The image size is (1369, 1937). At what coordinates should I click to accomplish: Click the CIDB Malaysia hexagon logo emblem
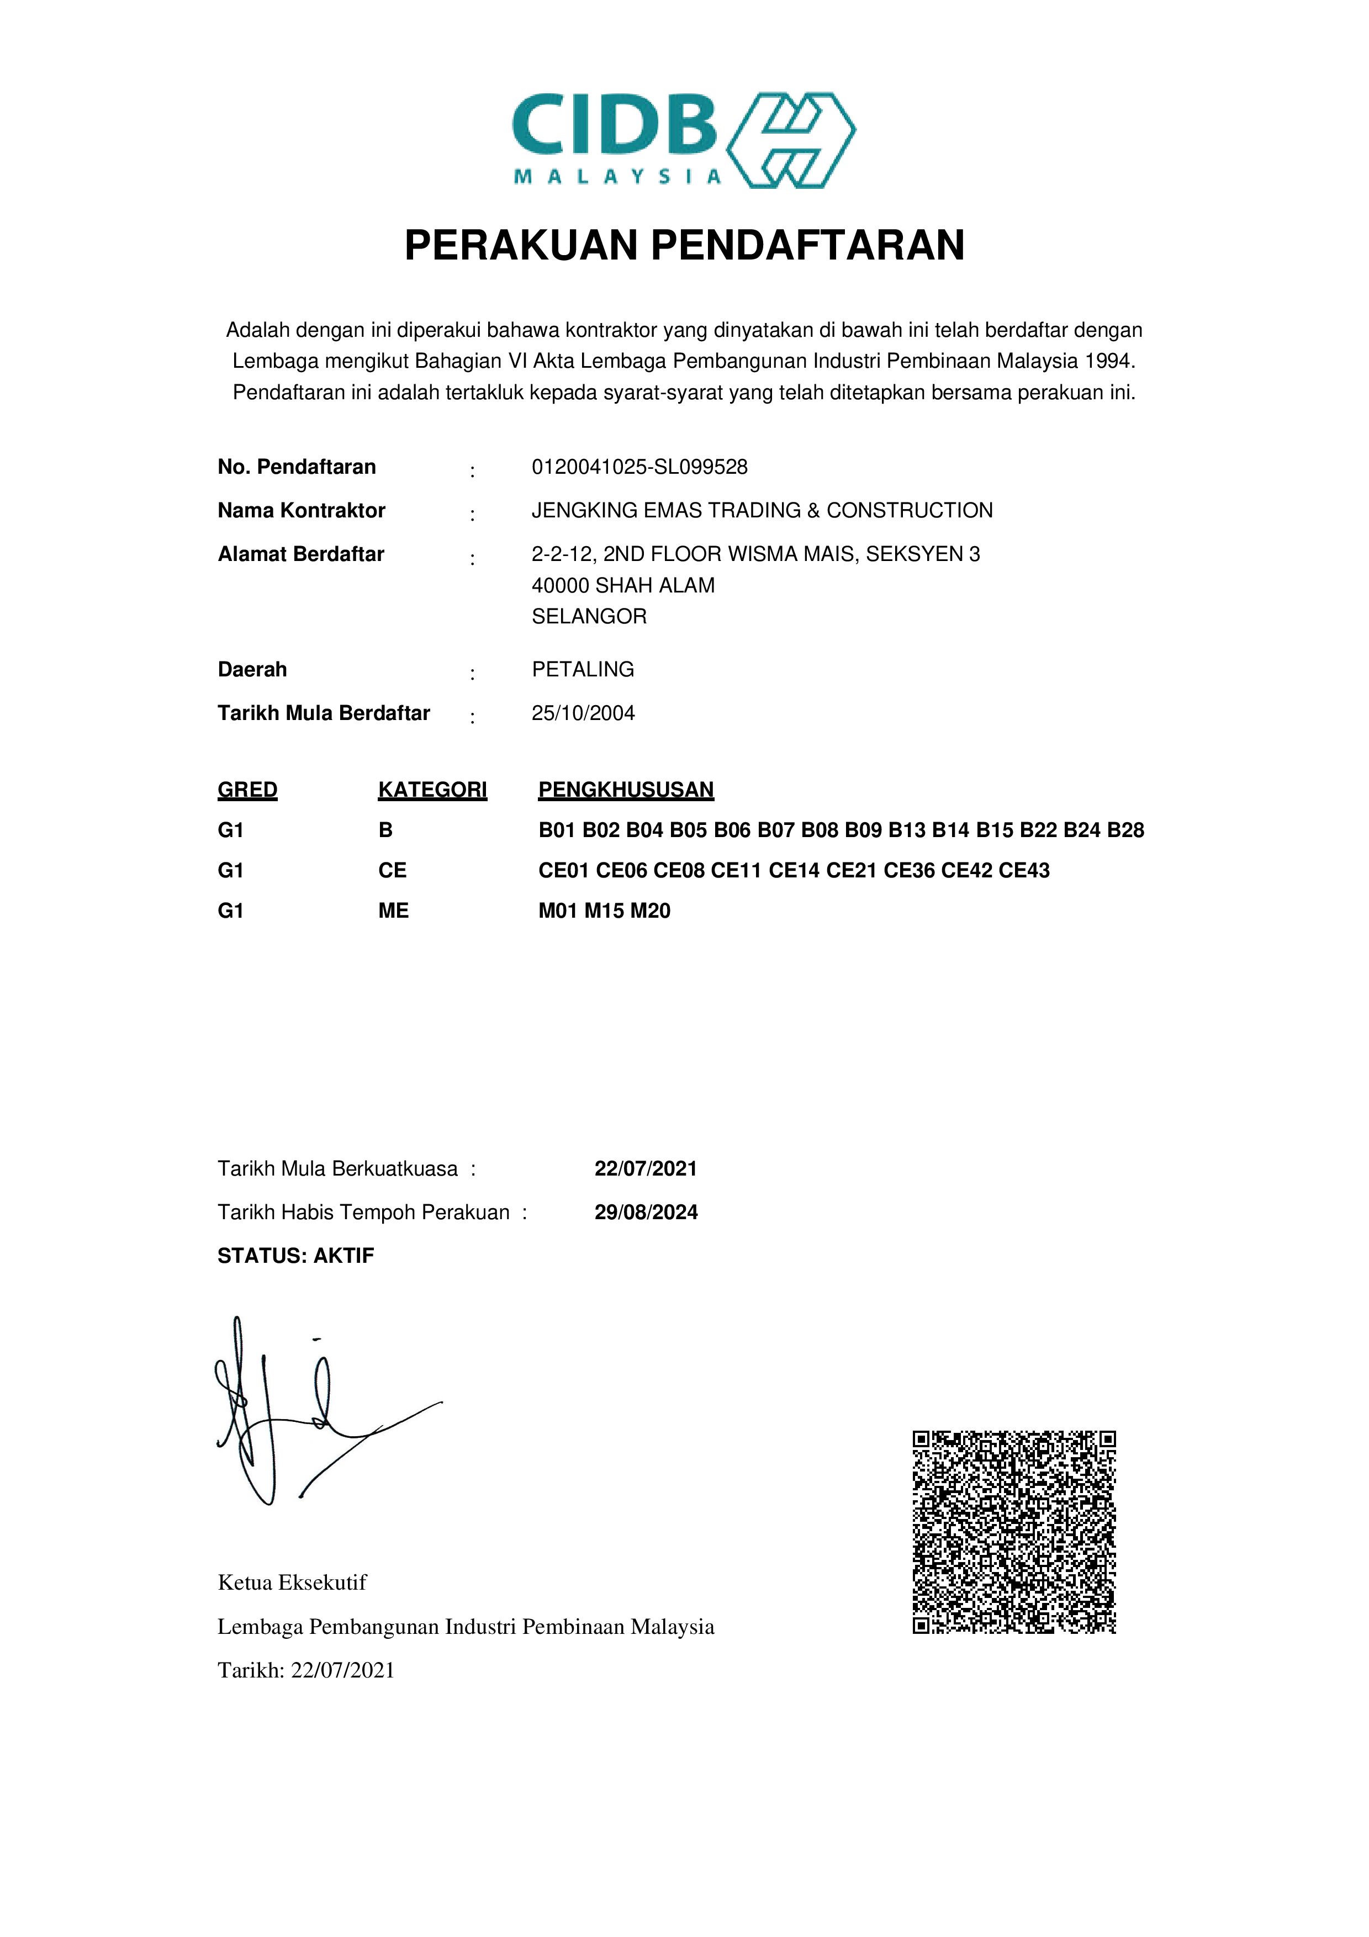point(790,140)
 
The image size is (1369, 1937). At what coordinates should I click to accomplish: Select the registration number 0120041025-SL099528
point(639,467)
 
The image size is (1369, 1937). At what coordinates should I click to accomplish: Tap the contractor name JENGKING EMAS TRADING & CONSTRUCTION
point(762,510)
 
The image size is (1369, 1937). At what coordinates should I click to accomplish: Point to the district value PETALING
point(583,670)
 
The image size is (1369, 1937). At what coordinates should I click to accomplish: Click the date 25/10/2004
point(583,714)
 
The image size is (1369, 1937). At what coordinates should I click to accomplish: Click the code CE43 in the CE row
point(1024,871)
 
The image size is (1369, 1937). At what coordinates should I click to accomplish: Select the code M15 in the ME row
point(604,911)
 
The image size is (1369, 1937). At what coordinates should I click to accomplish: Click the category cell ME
point(393,911)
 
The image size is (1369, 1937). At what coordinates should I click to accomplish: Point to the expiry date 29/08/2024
point(646,1213)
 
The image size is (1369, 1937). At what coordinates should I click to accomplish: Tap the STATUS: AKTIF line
point(295,1256)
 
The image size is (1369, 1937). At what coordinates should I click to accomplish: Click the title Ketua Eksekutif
point(292,1583)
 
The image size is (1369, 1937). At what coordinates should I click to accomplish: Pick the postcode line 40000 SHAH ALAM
point(622,585)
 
